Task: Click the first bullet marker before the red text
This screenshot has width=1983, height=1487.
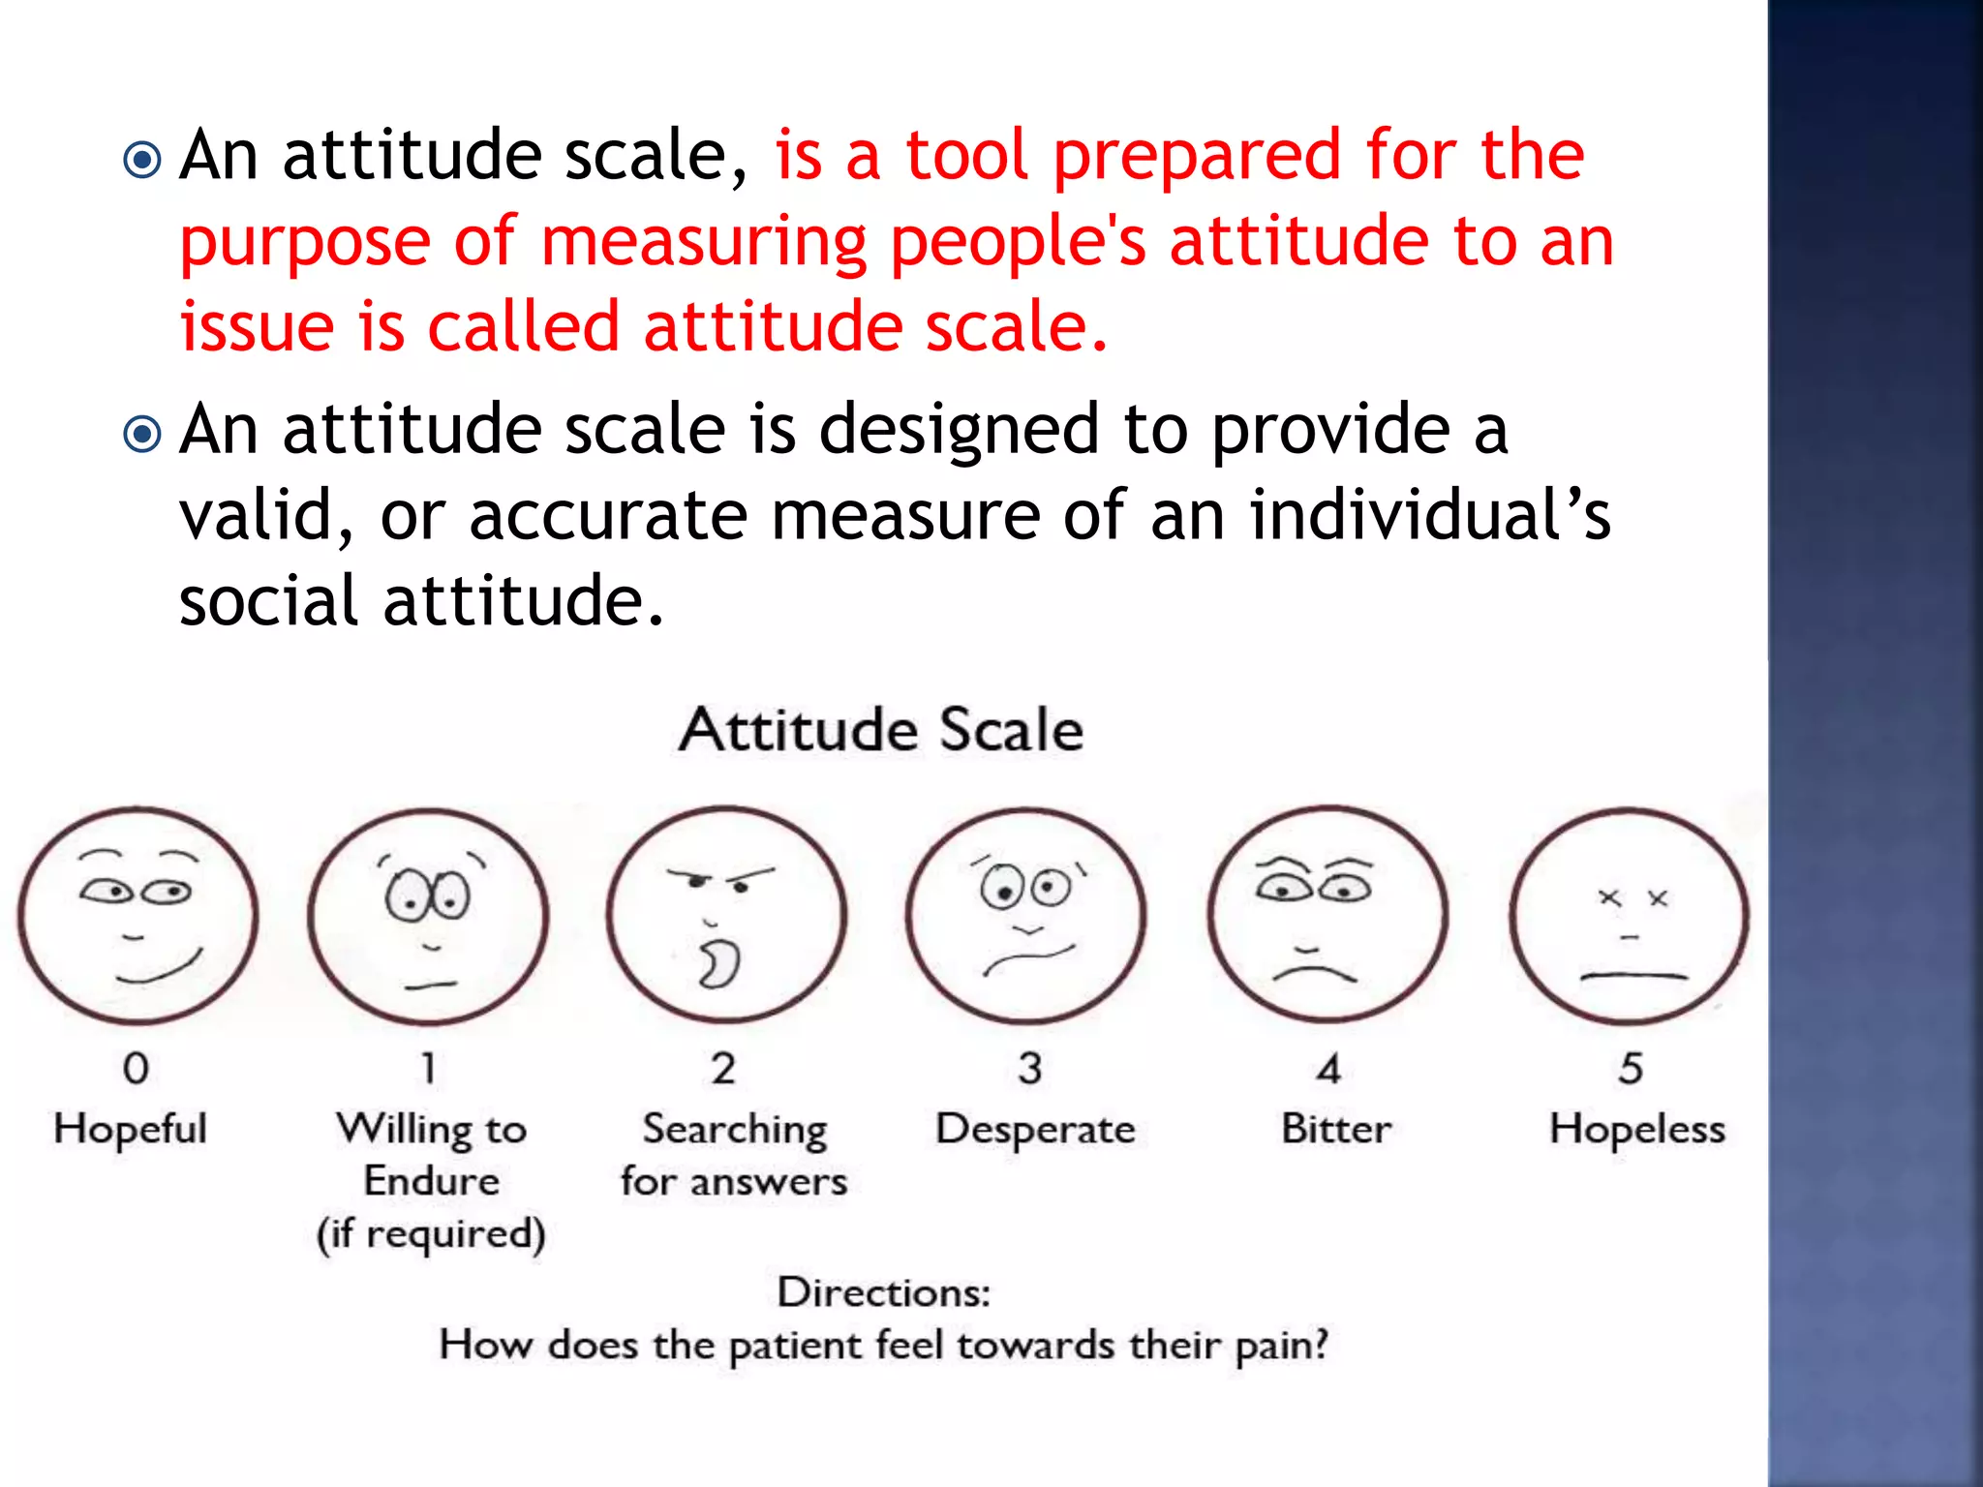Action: (x=143, y=160)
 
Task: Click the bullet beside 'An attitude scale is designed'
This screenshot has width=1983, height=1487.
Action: (x=143, y=434)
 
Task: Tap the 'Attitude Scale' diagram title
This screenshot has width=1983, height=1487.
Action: (x=880, y=729)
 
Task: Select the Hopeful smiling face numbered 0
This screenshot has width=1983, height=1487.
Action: (x=138, y=915)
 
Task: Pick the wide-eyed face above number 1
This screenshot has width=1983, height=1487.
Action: (x=428, y=916)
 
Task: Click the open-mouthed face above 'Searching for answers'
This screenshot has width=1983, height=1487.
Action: (x=726, y=915)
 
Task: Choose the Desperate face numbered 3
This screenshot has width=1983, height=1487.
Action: (x=1026, y=916)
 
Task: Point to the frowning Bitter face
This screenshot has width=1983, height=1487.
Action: (x=1327, y=915)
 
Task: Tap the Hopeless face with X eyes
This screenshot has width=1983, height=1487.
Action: (x=1630, y=916)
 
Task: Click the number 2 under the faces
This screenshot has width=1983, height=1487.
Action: (x=723, y=1069)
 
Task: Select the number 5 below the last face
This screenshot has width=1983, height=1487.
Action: (x=1631, y=1069)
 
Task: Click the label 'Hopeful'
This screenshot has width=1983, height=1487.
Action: (x=131, y=1129)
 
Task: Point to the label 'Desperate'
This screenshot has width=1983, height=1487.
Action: (x=1035, y=1129)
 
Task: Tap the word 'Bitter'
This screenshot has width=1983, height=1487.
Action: (x=1336, y=1129)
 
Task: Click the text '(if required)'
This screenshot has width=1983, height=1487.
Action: (x=432, y=1233)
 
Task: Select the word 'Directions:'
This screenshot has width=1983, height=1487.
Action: (x=884, y=1292)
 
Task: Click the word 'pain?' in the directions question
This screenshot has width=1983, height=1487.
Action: (x=1281, y=1346)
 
